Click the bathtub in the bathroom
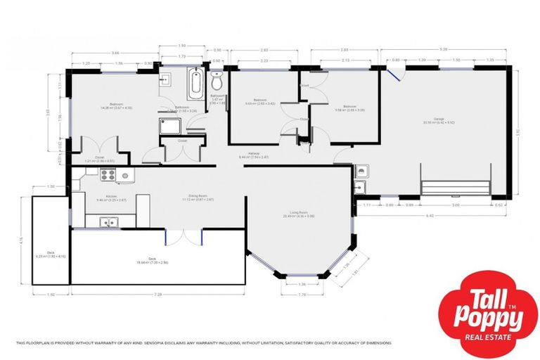(195, 84)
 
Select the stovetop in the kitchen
(123, 175)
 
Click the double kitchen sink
(109, 224)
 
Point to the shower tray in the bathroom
(169, 126)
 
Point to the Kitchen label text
(111, 197)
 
